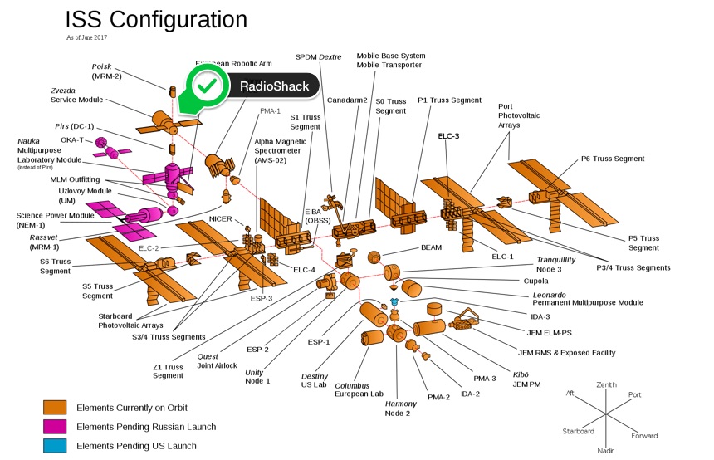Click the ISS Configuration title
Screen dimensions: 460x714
coord(156,20)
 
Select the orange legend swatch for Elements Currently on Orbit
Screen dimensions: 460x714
coord(55,407)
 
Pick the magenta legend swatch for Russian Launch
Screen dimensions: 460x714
coord(55,427)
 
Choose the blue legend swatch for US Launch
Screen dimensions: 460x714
coord(55,446)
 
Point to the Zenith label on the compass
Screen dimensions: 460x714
coord(608,385)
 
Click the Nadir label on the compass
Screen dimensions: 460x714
coord(606,450)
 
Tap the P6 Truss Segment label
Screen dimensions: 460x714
coord(613,159)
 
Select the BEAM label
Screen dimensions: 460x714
coord(432,247)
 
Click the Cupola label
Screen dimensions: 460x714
coord(538,281)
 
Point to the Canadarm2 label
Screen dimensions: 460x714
coord(347,100)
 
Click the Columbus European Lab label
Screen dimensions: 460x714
coord(359,390)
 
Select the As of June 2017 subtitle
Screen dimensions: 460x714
coord(87,37)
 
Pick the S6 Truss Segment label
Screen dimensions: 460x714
coord(55,267)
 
